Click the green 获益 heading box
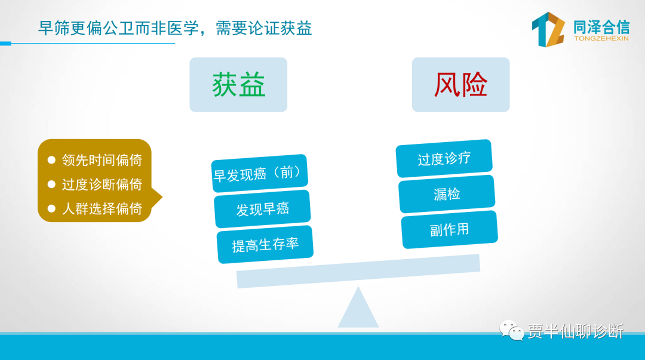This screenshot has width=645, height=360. coord(238,85)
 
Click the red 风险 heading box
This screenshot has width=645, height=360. coord(460,85)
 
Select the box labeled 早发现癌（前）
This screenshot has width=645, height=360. coord(260,173)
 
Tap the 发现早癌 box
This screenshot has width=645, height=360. coord(262,209)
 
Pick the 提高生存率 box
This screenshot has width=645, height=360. coord(265,244)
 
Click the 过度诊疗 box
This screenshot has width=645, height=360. coord(444,158)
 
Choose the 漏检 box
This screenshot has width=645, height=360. coord(447,194)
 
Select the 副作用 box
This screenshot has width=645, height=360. coord(450,230)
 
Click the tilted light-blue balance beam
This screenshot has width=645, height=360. coord(358,272)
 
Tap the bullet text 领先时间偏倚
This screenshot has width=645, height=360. coord(102,160)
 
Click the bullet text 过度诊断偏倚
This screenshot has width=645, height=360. coord(102,184)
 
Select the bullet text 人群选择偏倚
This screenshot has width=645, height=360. coord(102,208)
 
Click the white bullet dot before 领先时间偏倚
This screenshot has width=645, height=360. coord(51,159)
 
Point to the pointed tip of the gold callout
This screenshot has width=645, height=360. coord(162,197)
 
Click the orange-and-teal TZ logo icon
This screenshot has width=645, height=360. coord(548,29)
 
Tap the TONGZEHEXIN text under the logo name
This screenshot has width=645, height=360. coord(601,39)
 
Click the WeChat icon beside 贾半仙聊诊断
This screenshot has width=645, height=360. coord(511,330)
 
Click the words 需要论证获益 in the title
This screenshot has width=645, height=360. coord(264,29)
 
